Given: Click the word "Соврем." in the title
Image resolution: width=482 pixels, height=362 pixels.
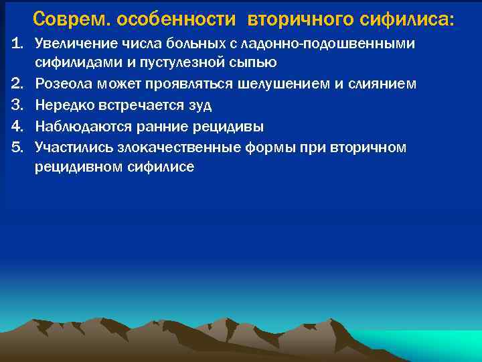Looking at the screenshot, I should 71,19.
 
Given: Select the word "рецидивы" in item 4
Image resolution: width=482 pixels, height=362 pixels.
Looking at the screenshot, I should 234,126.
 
